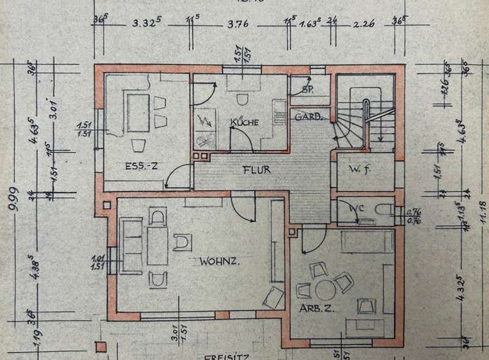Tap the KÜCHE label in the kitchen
(x=243, y=122)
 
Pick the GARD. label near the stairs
(x=307, y=116)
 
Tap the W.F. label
(x=358, y=168)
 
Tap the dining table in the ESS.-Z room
(x=139, y=112)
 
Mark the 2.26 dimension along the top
(x=364, y=26)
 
